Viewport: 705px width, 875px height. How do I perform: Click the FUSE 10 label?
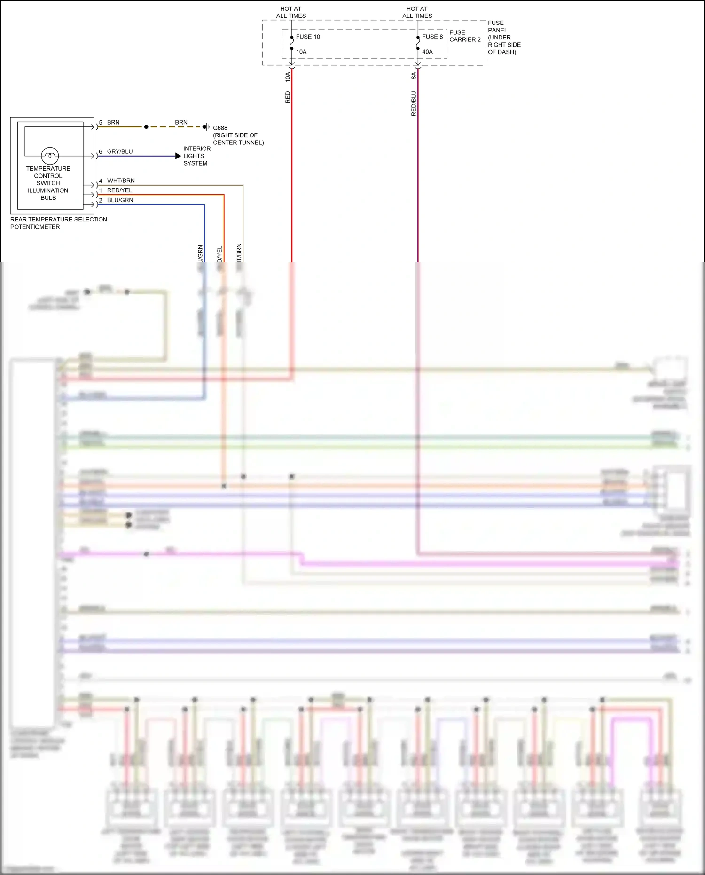[x=308, y=37]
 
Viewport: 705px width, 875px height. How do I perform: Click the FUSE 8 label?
[x=432, y=37]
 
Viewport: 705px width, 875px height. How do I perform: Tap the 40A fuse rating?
[x=427, y=52]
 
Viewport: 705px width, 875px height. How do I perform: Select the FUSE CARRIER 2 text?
[x=464, y=36]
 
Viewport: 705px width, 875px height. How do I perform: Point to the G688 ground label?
[x=220, y=128]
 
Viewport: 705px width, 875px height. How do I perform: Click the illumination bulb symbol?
[x=50, y=155]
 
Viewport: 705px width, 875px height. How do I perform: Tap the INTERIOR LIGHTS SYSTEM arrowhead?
[x=178, y=156]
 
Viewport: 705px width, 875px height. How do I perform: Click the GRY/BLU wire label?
[x=120, y=151]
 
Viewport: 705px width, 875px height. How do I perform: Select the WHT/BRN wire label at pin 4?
[x=121, y=181]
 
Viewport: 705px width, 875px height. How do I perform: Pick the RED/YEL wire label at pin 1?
[x=119, y=190]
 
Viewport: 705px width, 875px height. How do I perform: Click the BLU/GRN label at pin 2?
[x=120, y=200]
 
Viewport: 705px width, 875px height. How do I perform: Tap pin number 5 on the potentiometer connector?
[x=101, y=123]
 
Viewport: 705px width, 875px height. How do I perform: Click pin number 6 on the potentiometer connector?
[x=101, y=152]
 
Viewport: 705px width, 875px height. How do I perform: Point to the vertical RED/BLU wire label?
[x=414, y=103]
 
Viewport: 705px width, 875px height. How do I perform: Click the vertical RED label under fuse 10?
[x=288, y=97]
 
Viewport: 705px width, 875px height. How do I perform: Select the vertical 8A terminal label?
[x=414, y=76]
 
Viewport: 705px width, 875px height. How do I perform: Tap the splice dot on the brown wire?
[x=146, y=127]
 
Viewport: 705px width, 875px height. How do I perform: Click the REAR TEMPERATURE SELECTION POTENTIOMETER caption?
[x=58, y=223]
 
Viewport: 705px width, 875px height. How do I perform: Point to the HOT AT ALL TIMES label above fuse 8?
[x=417, y=12]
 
